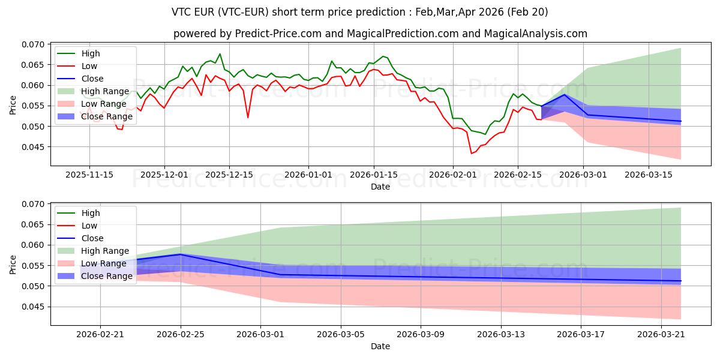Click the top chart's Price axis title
click(x=13, y=105)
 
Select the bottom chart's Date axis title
click(x=380, y=346)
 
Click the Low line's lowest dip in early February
click(x=472, y=153)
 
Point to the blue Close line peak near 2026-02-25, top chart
click(x=565, y=94)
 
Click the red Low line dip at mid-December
click(x=248, y=117)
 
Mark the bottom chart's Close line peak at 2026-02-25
click(x=181, y=254)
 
